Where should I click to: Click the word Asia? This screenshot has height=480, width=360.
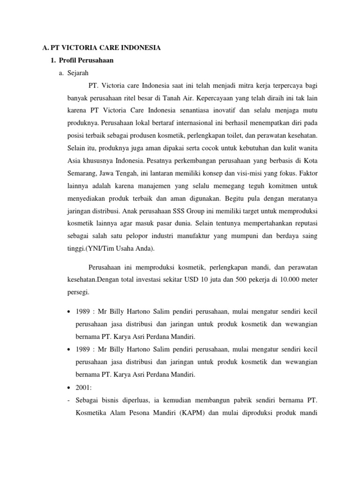click(x=75, y=160)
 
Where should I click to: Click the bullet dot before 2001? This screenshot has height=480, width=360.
click(x=69, y=389)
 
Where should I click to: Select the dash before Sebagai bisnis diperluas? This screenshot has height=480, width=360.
click(x=69, y=401)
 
